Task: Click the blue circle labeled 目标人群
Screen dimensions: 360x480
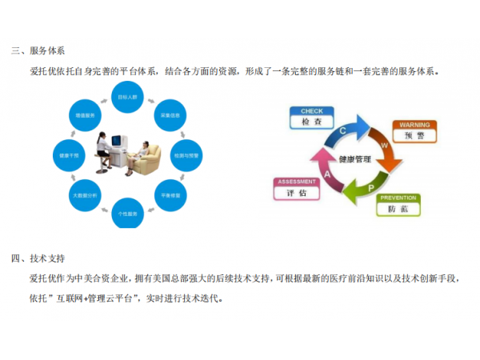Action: click(x=128, y=96)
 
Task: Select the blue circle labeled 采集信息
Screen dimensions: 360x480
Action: click(x=168, y=113)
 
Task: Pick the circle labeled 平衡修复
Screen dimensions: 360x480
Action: click(x=169, y=194)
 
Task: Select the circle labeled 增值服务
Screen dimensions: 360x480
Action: click(x=85, y=114)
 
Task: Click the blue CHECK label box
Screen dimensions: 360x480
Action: click(x=311, y=118)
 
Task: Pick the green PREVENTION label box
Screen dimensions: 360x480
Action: click(x=398, y=204)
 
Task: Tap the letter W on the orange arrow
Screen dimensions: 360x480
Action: click(x=384, y=146)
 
